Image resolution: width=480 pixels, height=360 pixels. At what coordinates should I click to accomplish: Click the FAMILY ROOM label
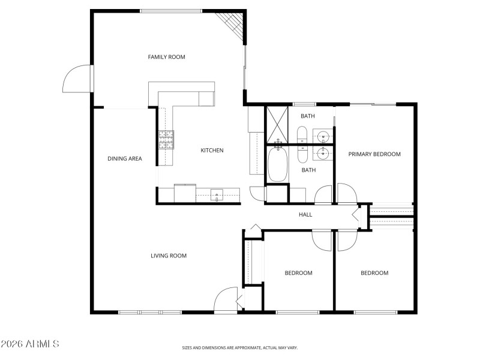click(x=166, y=57)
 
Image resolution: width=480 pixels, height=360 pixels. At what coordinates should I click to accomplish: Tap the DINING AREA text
click(x=124, y=159)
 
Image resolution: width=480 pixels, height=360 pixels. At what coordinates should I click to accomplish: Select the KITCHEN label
click(x=212, y=150)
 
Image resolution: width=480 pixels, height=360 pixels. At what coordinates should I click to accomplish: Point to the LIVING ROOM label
click(x=168, y=256)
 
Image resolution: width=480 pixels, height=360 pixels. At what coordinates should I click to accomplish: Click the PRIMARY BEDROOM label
click(x=374, y=154)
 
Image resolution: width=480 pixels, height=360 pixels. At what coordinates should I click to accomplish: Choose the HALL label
click(x=305, y=214)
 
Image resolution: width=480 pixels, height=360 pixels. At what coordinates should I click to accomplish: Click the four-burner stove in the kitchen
click(x=166, y=140)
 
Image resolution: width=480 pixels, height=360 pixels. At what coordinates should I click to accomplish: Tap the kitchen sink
click(x=217, y=194)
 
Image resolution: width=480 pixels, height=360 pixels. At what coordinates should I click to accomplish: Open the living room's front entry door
click(x=226, y=300)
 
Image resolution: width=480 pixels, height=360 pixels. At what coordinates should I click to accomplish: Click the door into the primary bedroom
click(x=346, y=194)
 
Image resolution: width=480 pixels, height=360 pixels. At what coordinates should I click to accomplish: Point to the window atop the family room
click(x=170, y=11)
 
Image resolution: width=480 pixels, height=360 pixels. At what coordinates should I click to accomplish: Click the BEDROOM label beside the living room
click(x=298, y=273)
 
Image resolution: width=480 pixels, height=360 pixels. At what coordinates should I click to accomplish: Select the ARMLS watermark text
click(x=30, y=344)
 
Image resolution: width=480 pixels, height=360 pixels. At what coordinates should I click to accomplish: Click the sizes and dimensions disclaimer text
click(x=240, y=347)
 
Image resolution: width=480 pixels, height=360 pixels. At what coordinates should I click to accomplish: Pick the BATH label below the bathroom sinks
click(x=308, y=170)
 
